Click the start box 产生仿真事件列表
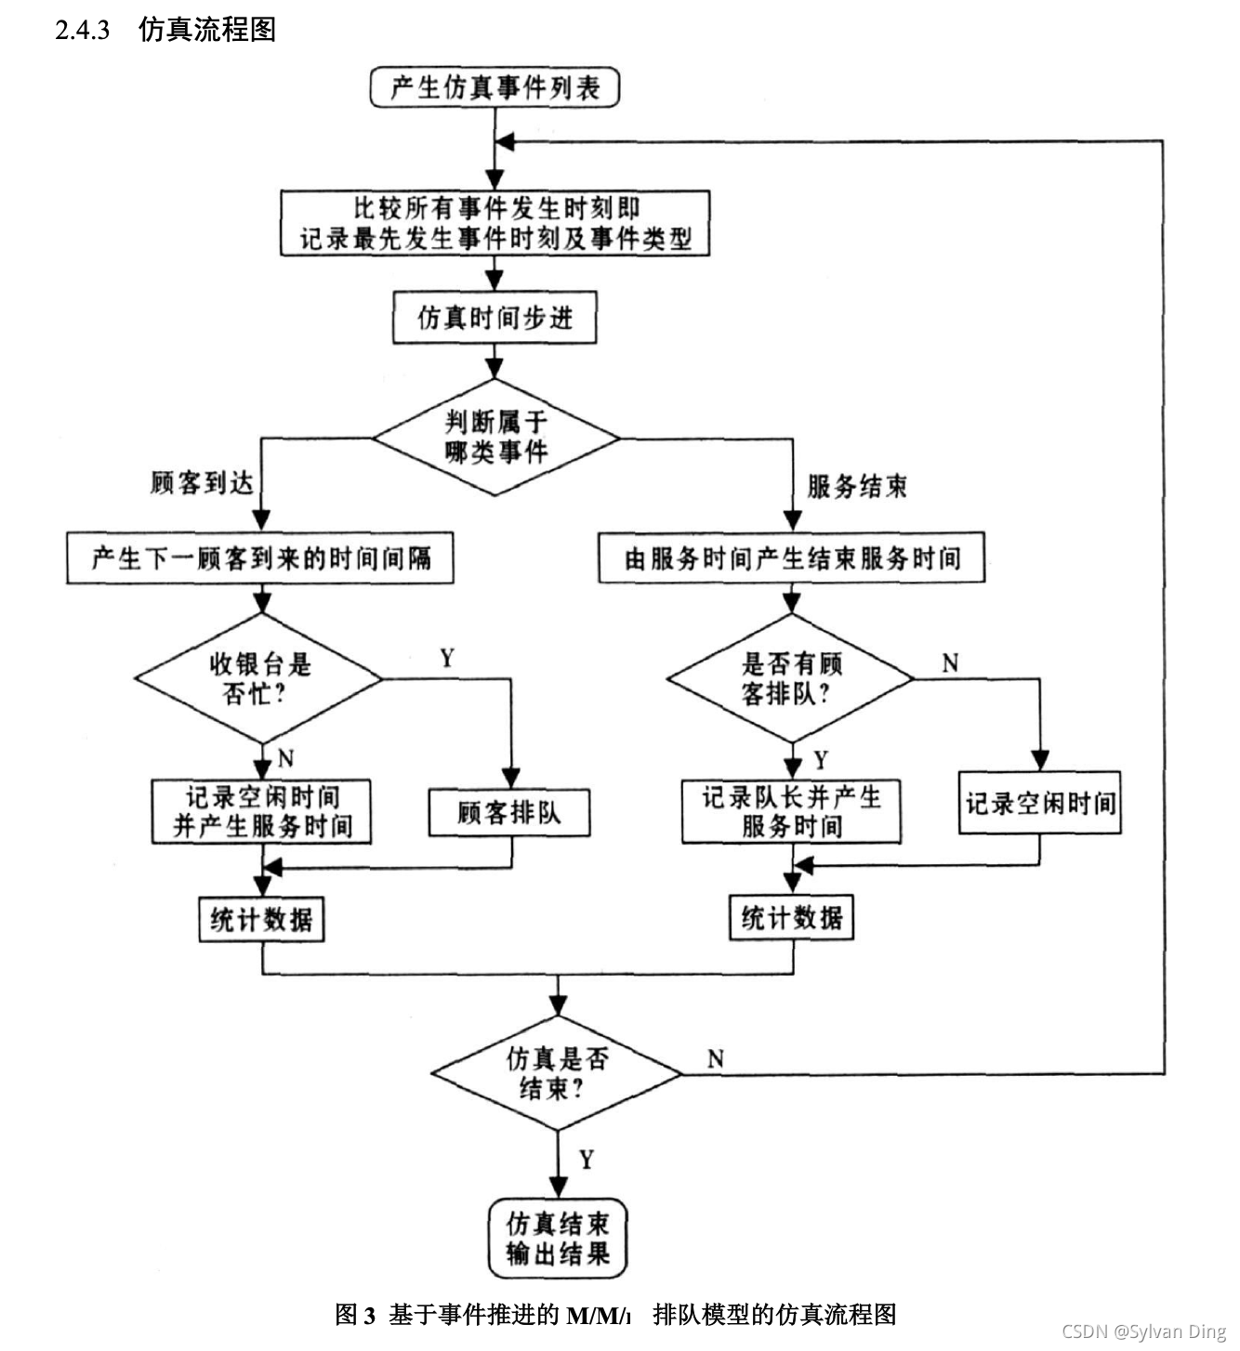495,88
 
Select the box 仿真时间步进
495,319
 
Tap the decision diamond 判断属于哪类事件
495,437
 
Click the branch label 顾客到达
202,483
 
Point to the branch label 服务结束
856,486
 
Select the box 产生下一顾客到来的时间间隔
260,557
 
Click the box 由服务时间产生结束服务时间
791,557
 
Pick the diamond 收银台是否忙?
259,679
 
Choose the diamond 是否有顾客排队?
791,678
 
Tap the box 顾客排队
509,813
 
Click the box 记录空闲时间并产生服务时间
262,811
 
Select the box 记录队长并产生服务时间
791,811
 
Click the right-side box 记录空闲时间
1039,803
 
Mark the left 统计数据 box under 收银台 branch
262,920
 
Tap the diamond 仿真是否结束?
557,1073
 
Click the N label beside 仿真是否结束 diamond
715,1059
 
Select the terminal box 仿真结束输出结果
558,1240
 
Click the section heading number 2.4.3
82,30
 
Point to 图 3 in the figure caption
354,1315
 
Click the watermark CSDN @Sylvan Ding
1143,1331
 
